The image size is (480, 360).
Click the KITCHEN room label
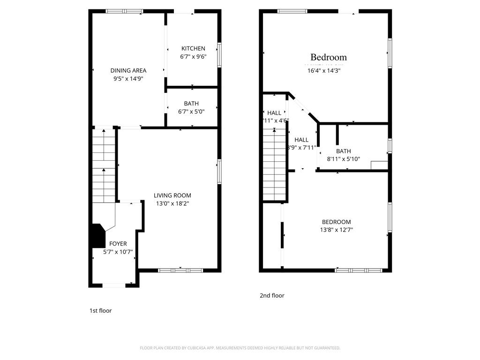[x=193, y=48]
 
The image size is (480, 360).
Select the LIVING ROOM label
[x=172, y=195]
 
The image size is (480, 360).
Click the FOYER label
[x=118, y=244]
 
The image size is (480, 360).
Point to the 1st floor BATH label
[x=191, y=104]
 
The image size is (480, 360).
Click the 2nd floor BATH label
[x=343, y=151]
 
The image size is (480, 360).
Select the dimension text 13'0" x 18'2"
[x=172, y=203]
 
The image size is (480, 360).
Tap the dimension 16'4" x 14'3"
[x=323, y=71]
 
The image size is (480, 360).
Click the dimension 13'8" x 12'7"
[x=336, y=230]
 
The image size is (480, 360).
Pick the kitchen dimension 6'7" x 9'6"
[x=193, y=56]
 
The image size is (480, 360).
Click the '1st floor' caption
[x=100, y=310]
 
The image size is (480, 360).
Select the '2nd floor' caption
[x=272, y=295]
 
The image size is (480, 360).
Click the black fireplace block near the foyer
[x=97, y=235]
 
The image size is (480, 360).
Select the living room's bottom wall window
[x=180, y=270]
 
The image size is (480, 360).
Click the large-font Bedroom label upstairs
[x=329, y=57]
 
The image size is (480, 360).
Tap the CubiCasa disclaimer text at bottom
[x=240, y=348]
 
